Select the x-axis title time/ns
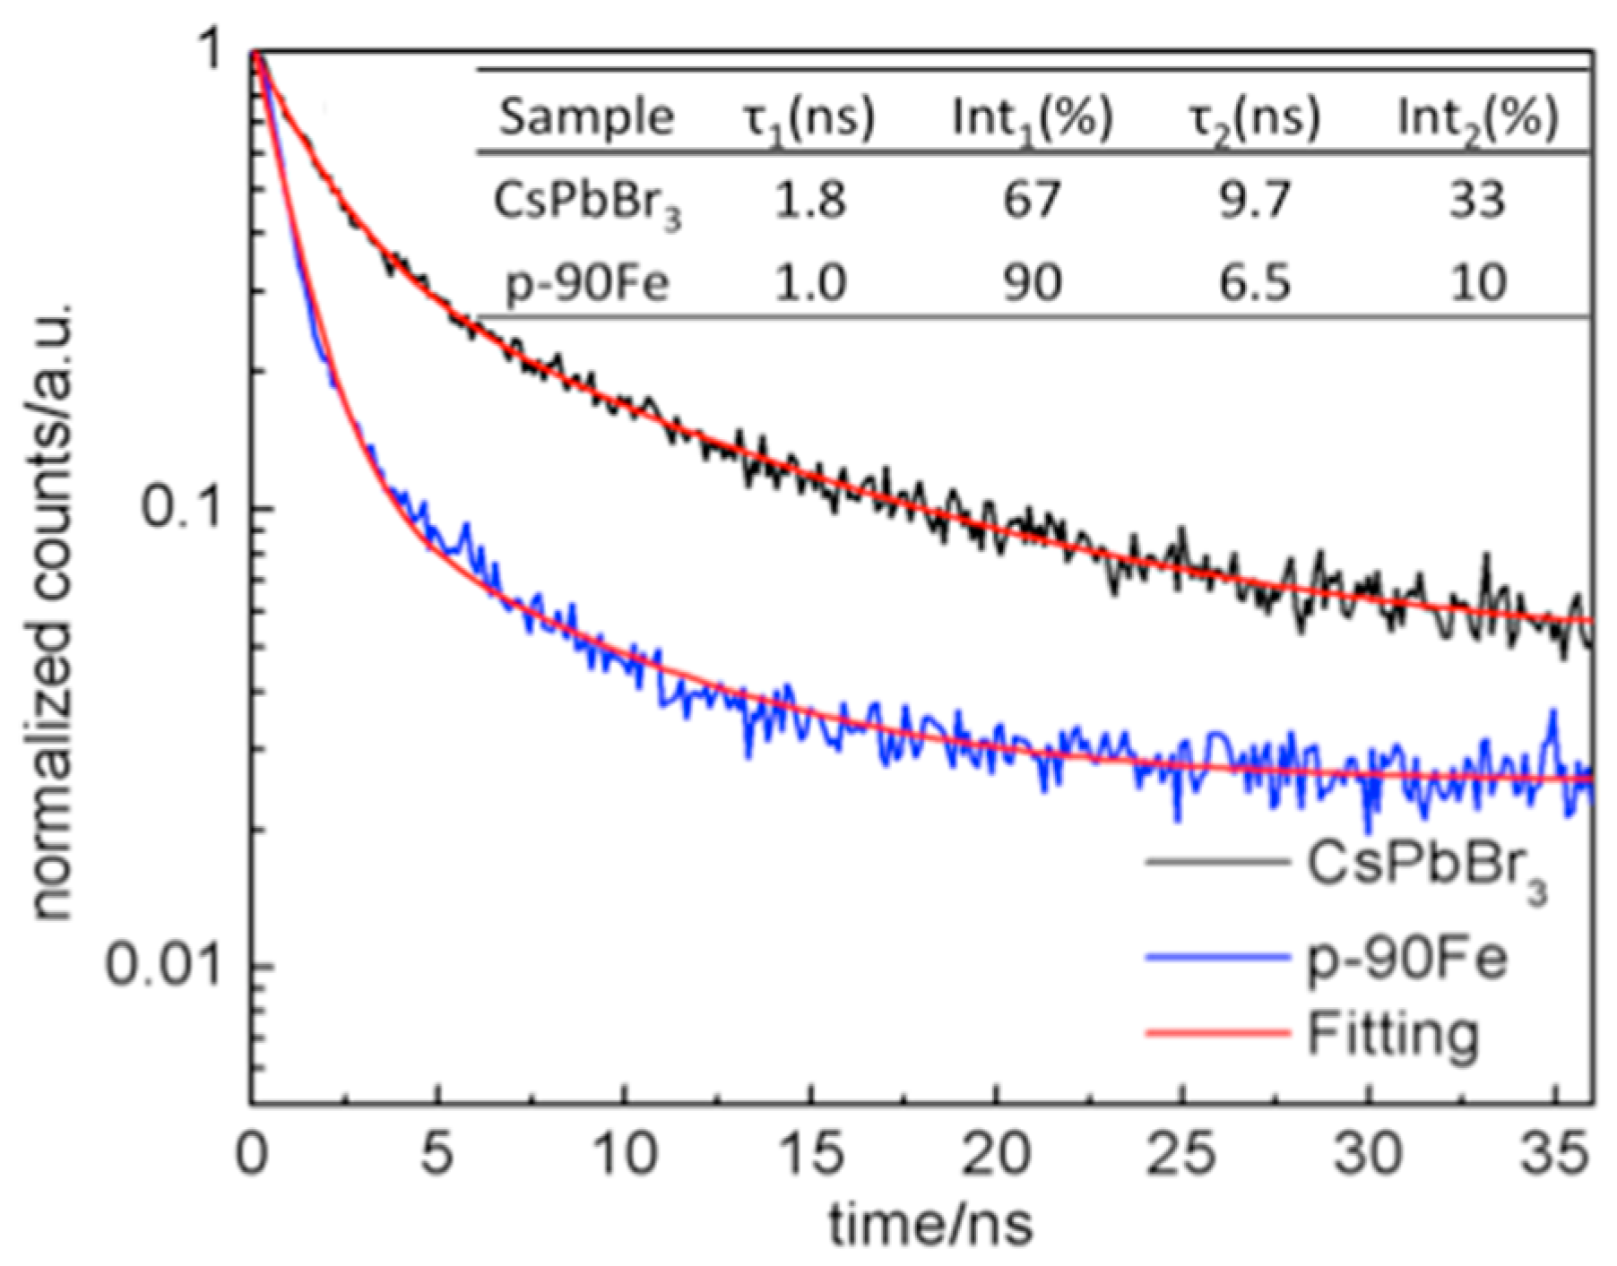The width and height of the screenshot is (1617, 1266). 930,1225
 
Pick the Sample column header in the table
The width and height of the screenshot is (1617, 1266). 586,116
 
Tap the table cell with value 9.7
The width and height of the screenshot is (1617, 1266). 1254,198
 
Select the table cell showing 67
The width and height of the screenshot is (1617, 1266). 1033,198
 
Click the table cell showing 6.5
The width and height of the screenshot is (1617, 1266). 1254,282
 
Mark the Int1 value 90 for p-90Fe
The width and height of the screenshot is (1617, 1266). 1033,282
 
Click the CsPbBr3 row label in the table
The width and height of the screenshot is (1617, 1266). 586,202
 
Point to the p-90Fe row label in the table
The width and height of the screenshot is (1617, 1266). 586,284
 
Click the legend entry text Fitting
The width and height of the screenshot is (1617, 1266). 1392,1035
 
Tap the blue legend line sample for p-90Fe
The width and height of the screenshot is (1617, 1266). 1216,959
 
